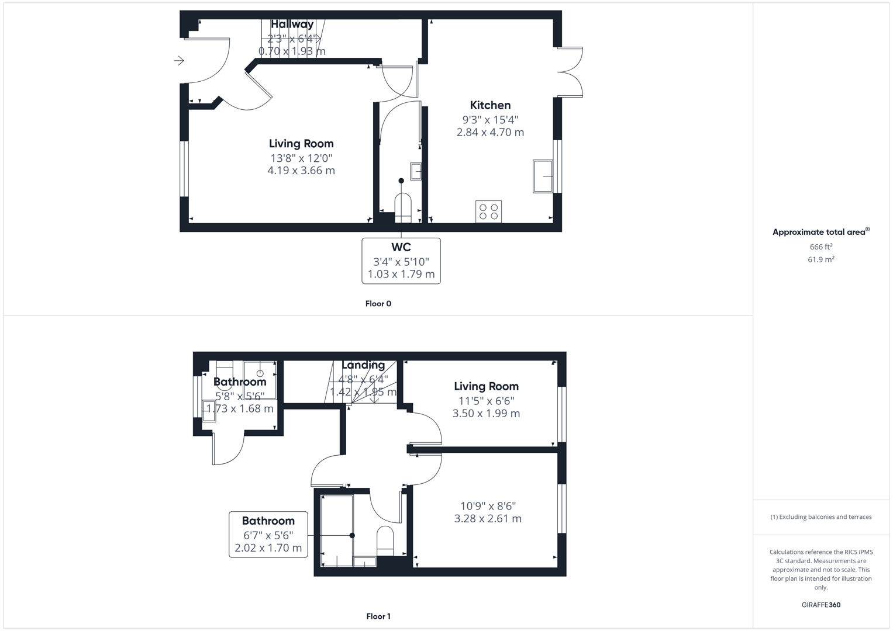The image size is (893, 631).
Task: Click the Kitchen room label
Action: tap(490, 105)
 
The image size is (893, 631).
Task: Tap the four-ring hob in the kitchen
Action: tap(489, 212)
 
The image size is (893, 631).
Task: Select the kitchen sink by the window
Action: tap(543, 176)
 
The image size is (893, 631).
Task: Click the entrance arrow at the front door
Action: tap(179, 61)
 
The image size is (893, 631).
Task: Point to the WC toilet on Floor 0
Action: tap(403, 207)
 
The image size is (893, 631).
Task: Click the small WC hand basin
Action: tap(416, 171)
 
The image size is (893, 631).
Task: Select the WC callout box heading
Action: tap(401, 247)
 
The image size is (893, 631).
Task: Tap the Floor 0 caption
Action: tap(378, 304)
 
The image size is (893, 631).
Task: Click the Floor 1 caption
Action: tap(378, 616)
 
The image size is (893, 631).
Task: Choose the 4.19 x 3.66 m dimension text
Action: tap(301, 171)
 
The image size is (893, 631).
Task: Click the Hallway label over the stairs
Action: tap(292, 25)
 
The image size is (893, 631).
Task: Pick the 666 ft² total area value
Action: tap(821, 247)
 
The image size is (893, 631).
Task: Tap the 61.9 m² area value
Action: tap(821, 259)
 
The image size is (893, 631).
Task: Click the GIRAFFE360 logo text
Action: tap(821, 605)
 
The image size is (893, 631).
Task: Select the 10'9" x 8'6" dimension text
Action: tap(488, 506)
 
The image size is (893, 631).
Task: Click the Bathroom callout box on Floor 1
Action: tap(268, 534)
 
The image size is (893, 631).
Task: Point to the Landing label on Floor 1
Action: tap(363, 365)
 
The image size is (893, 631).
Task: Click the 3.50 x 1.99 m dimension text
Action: tap(486, 413)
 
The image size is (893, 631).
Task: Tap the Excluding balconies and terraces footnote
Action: tap(821, 517)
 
